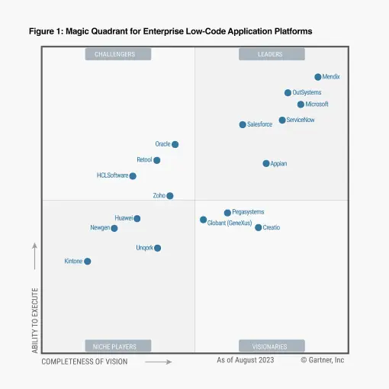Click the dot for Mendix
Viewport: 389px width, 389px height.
pyautogui.click(x=318, y=77)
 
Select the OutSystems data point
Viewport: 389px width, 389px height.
pyautogui.click(x=288, y=92)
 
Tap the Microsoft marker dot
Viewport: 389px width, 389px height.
pyautogui.click(x=301, y=104)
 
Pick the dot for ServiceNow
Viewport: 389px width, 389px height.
pyautogui.click(x=282, y=120)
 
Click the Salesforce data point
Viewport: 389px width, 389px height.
pyautogui.click(x=243, y=124)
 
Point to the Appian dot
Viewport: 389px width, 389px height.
pyautogui.click(x=266, y=163)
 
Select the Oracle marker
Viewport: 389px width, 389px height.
pyautogui.click(x=175, y=144)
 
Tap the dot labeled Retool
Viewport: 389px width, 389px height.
pyautogui.click(x=157, y=160)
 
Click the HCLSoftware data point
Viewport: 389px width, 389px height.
pyautogui.click(x=133, y=175)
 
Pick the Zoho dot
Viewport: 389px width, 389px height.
pyautogui.click(x=170, y=195)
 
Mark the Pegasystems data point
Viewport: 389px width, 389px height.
pyautogui.click(x=227, y=213)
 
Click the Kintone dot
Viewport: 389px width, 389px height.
pyautogui.click(x=87, y=261)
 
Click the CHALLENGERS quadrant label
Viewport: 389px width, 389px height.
pyautogui.click(x=115, y=54)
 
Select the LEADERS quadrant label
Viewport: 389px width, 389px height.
pyautogui.click(x=272, y=54)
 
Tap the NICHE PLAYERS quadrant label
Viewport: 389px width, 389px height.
pyautogui.click(x=115, y=346)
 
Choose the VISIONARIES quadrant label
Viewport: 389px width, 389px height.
pyautogui.click(x=272, y=346)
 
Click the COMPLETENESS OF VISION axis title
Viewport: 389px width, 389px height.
pyautogui.click(x=85, y=362)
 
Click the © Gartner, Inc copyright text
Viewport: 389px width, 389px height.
pyautogui.click(x=323, y=360)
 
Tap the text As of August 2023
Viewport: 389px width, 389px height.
pyautogui.click(x=245, y=360)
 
